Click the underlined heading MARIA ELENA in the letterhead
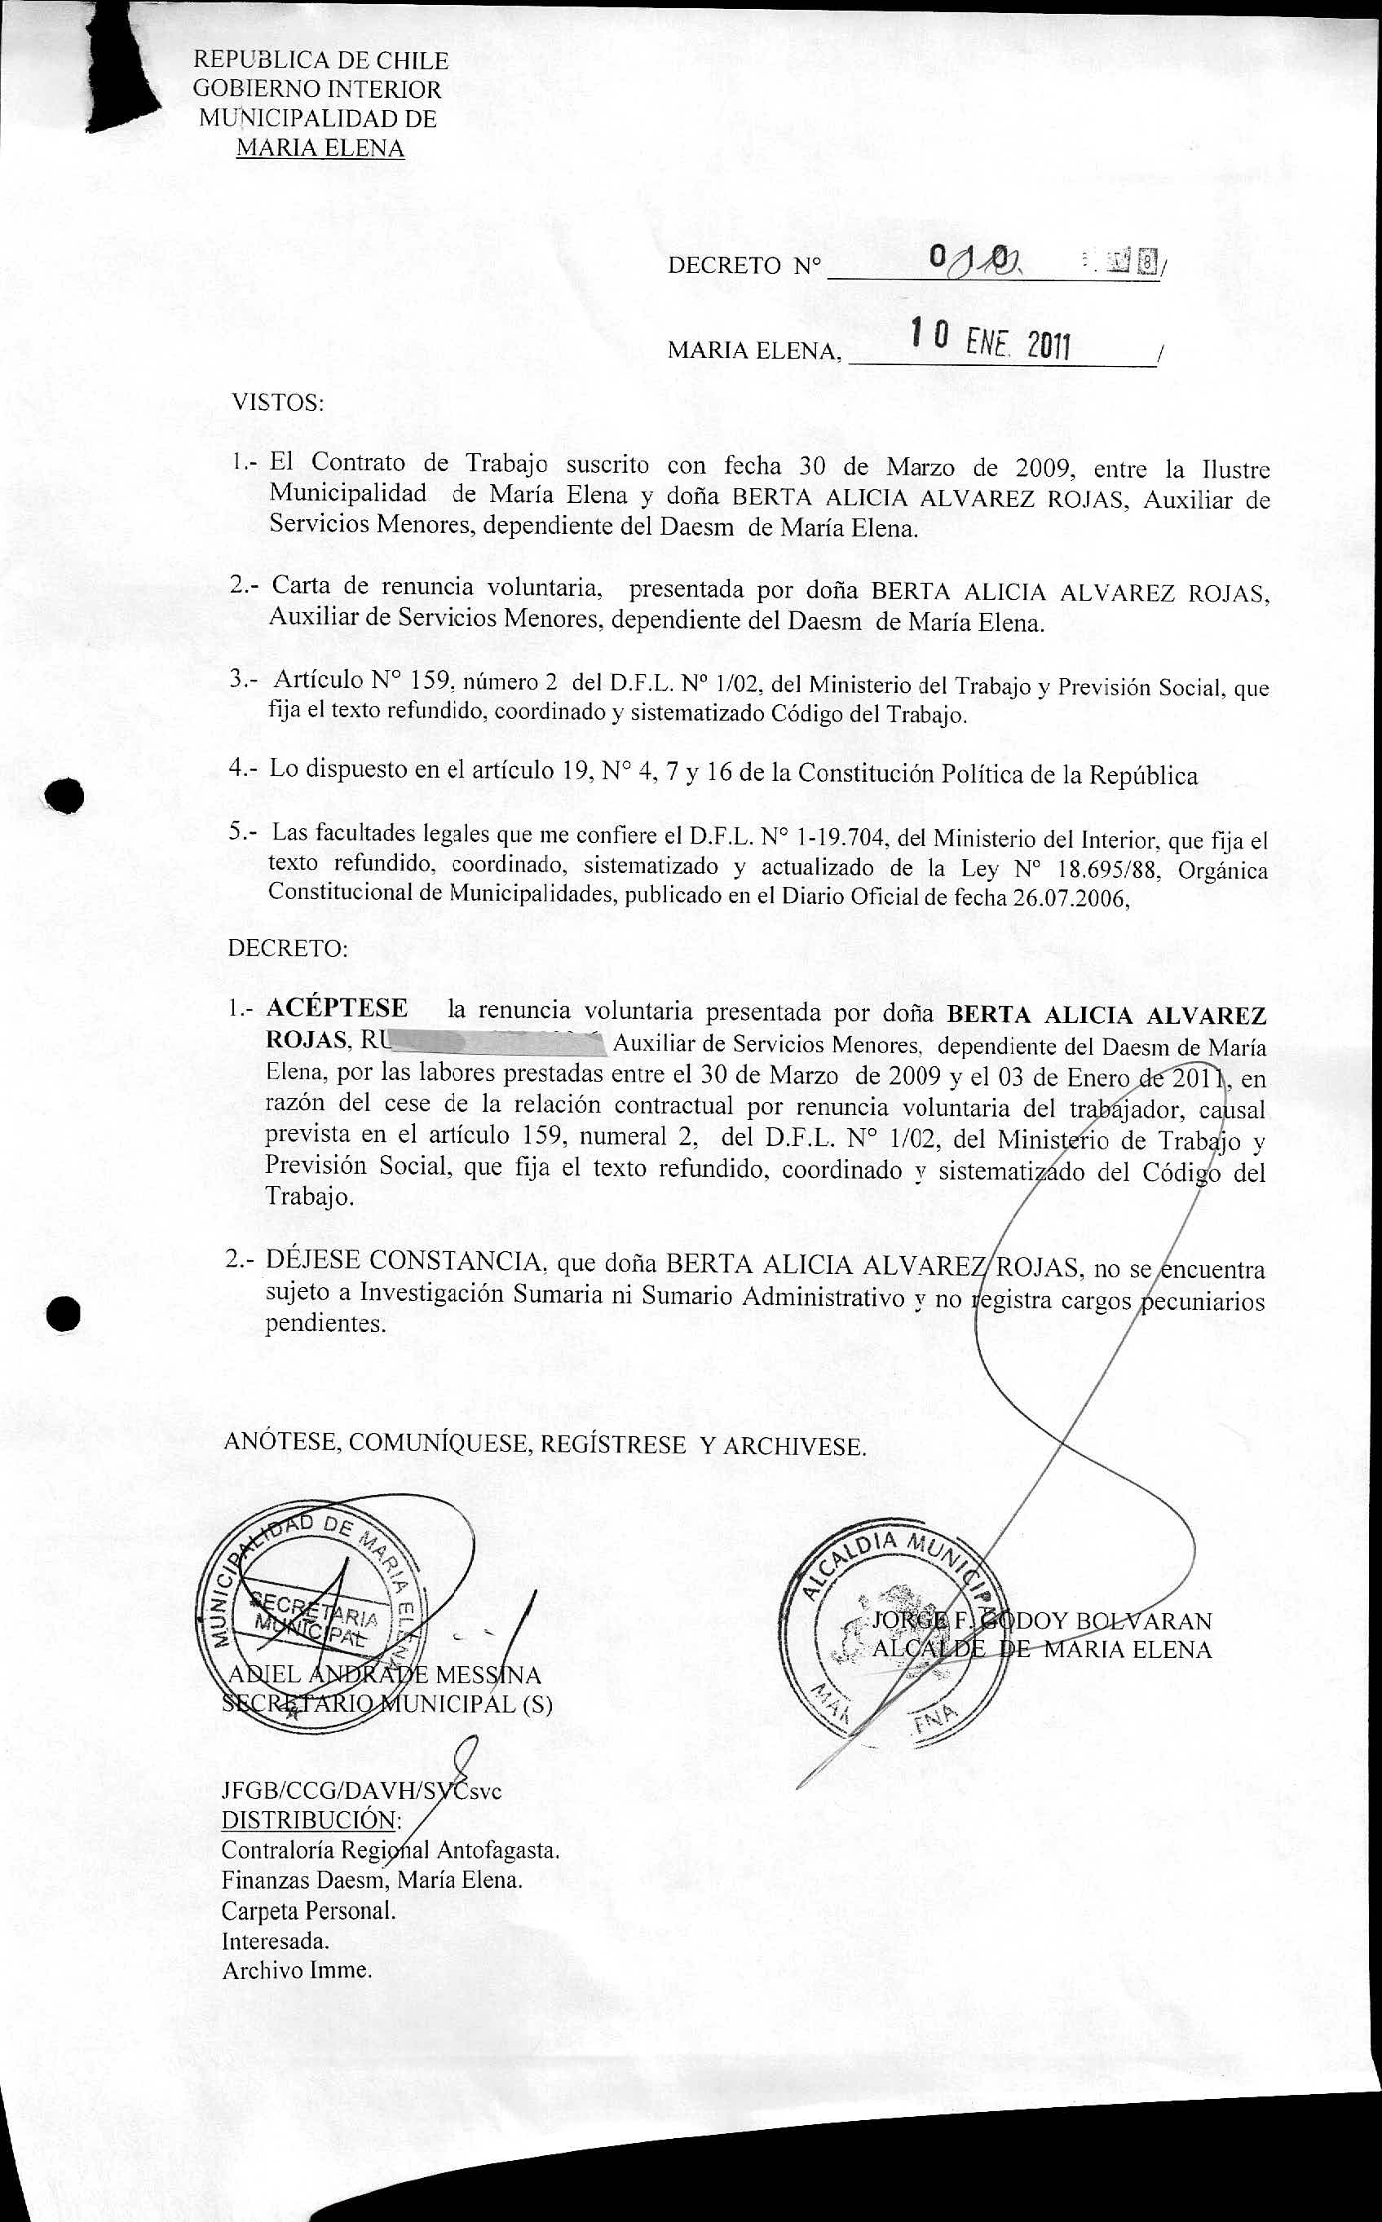point(320,148)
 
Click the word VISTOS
point(278,402)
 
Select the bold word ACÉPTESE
point(338,1007)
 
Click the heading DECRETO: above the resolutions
point(288,948)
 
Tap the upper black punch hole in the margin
point(66,796)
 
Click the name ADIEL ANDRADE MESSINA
point(384,1675)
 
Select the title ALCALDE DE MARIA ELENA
point(1041,1649)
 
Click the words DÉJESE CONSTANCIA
point(403,1261)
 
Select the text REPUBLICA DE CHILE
point(320,61)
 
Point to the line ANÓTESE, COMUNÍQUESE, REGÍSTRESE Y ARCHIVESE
point(545,1444)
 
